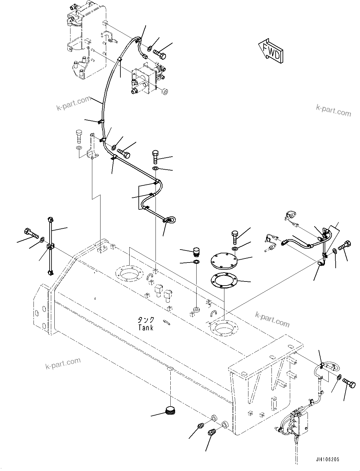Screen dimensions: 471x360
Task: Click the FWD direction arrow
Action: click(271, 51)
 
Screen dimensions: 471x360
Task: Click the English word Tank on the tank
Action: click(146, 328)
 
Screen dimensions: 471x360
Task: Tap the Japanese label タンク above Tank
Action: click(146, 320)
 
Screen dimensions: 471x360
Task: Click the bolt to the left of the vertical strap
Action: click(30, 234)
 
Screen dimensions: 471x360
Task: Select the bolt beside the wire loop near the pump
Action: click(350, 384)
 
